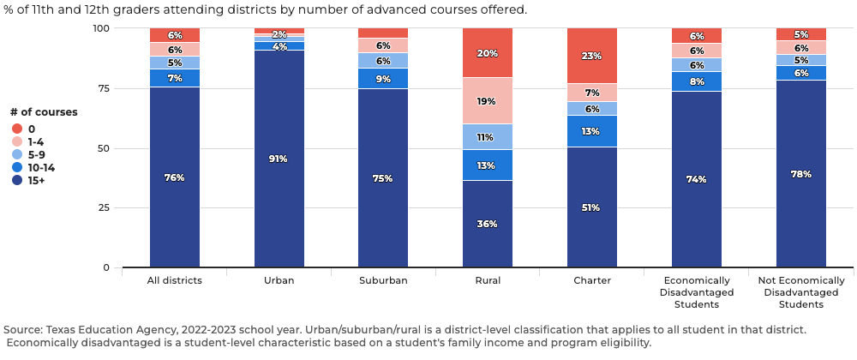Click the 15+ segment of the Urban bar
click(279, 159)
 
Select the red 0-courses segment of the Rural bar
click(488, 52)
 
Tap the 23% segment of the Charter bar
click(592, 56)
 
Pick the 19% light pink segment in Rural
click(488, 100)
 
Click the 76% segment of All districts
click(175, 177)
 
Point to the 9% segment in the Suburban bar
click(383, 79)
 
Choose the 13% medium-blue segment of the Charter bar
click(592, 131)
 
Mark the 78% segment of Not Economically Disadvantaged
click(801, 174)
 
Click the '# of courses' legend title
click(44, 112)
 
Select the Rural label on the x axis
click(488, 280)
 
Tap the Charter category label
click(592, 280)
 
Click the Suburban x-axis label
click(383, 280)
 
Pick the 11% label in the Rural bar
click(486, 137)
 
